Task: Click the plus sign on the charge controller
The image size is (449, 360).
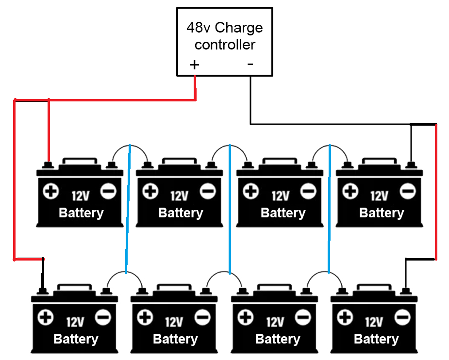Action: [195, 65]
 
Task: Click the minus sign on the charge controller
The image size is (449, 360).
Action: [250, 64]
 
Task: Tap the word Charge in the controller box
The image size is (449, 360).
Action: [238, 28]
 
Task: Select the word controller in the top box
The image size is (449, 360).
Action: [225, 45]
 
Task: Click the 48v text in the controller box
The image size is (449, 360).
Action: [199, 28]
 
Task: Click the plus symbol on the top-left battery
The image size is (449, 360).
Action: [51, 191]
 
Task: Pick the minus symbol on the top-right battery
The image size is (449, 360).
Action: [408, 191]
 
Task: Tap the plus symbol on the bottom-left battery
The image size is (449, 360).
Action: [46, 317]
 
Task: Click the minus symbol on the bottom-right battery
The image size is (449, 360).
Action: [402, 317]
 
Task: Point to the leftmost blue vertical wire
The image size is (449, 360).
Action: [128, 209]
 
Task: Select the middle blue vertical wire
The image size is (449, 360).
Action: [230, 209]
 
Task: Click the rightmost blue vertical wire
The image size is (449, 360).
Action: [329, 209]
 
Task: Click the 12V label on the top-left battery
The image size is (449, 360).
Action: [81, 196]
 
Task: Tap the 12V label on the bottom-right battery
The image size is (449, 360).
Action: [374, 322]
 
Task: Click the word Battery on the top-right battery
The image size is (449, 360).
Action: [382, 213]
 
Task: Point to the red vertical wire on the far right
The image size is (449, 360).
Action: [436, 192]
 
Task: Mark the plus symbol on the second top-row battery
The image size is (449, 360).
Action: [150, 191]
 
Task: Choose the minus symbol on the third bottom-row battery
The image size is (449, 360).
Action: [303, 317]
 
